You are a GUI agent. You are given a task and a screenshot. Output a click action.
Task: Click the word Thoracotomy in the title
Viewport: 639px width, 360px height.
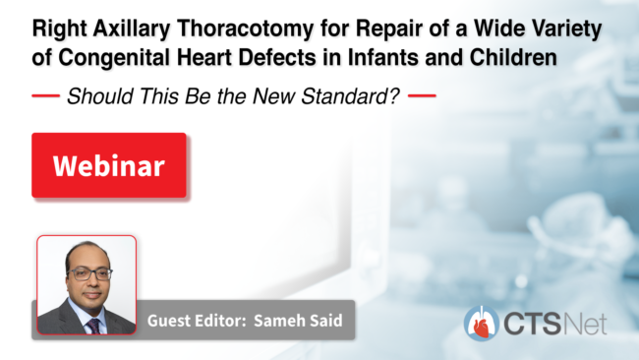pyautogui.click(x=246, y=30)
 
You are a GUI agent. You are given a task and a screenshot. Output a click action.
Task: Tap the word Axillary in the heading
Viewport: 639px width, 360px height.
pyautogui.click(x=131, y=30)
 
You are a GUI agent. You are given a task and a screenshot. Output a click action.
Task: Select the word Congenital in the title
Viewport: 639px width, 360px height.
pyautogui.click(x=114, y=57)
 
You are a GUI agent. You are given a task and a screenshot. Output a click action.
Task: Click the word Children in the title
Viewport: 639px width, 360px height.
pyautogui.click(x=513, y=57)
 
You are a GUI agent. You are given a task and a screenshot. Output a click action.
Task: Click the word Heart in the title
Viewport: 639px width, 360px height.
pyautogui.click(x=204, y=57)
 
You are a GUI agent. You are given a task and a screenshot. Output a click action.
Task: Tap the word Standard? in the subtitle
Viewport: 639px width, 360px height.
pyautogui.click(x=350, y=96)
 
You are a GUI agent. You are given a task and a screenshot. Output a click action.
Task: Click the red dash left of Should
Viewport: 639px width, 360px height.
pyautogui.click(x=45, y=96)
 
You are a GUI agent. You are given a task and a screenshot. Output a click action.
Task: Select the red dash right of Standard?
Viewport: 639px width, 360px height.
pyautogui.click(x=422, y=96)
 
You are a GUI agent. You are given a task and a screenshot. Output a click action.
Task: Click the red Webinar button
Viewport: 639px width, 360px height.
pyautogui.click(x=109, y=165)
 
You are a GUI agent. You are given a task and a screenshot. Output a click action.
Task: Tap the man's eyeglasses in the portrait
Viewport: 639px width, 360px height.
pyautogui.click(x=90, y=274)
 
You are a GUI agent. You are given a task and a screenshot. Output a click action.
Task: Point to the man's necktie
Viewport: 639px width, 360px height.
pyautogui.click(x=94, y=327)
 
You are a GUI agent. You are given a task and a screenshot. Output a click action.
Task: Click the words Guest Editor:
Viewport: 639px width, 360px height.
pyautogui.click(x=197, y=321)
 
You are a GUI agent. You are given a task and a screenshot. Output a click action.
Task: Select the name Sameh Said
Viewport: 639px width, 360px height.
pyautogui.click(x=298, y=321)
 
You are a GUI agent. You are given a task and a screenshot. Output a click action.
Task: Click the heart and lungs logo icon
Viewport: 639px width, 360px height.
pyautogui.click(x=482, y=324)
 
